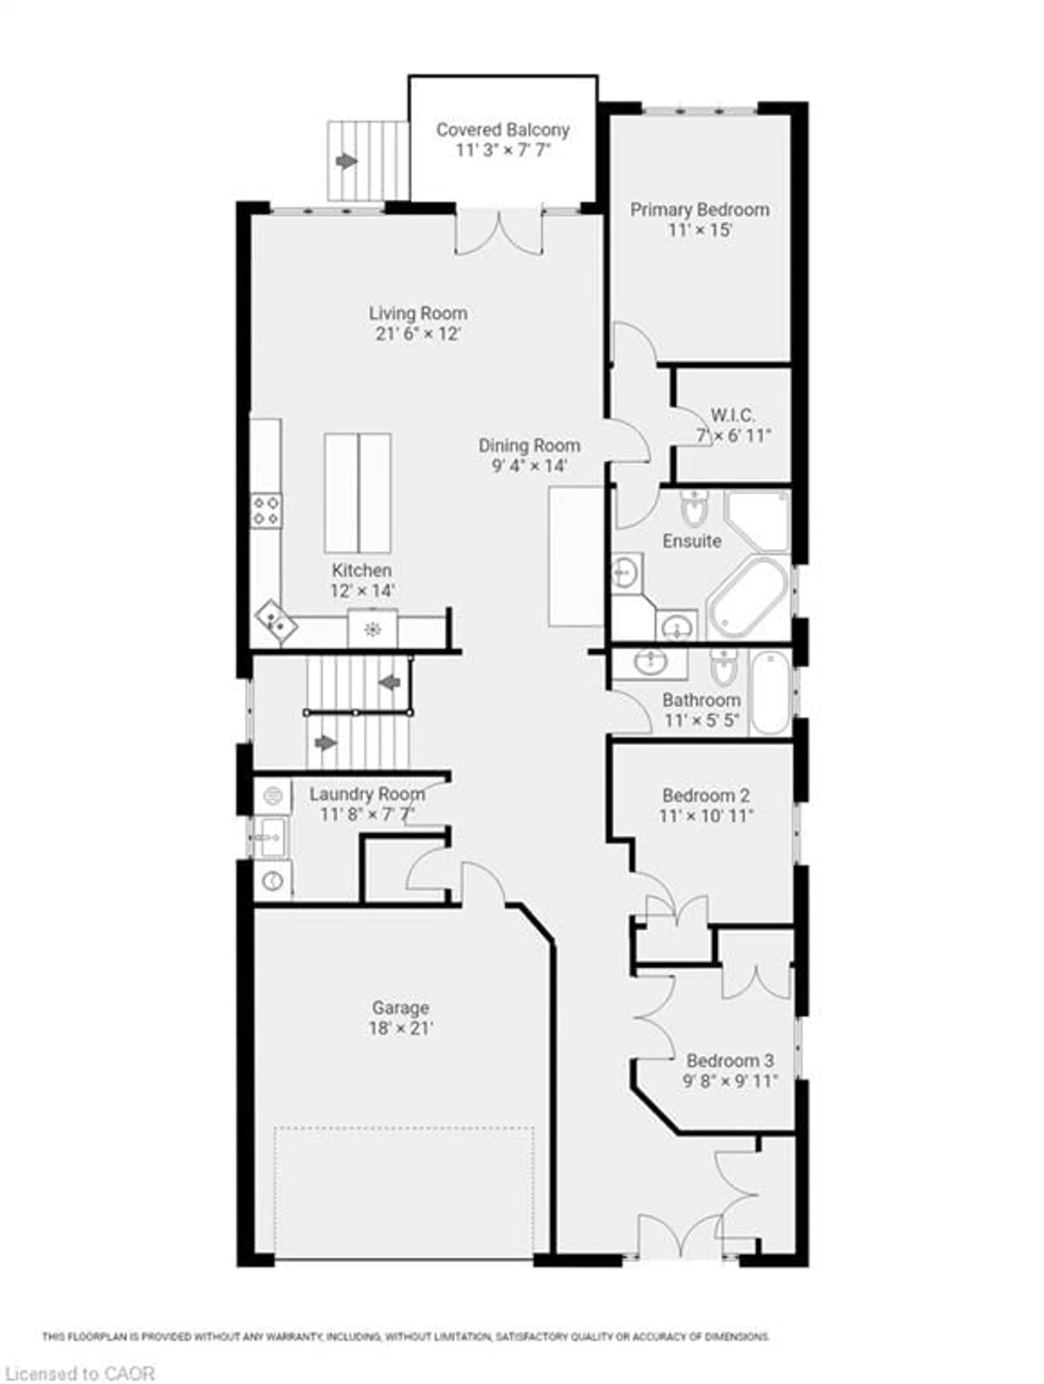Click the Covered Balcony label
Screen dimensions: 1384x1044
click(503, 130)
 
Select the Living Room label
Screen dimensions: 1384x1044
click(418, 313)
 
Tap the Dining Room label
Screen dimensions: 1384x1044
click(529, 445)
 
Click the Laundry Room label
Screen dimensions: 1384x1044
click(367, 794)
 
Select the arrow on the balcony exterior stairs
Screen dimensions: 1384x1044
click(346, 161)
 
